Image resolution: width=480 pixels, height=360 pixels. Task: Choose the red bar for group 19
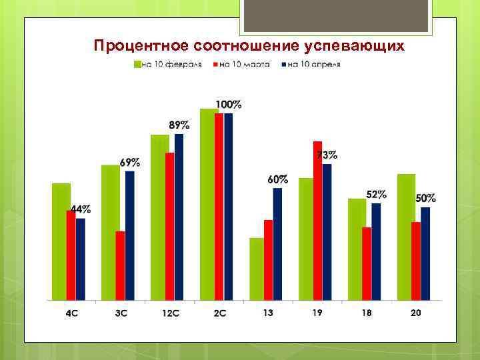pos(317,221)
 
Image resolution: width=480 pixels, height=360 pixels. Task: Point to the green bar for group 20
pos(405,237)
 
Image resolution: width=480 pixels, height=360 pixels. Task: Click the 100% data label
pos(228,105)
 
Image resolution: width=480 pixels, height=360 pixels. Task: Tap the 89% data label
pos(179,125)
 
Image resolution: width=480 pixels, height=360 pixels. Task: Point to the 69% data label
pos(130,162)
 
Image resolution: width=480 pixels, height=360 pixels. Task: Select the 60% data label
pos(278,179)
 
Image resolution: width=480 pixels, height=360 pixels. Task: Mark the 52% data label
pos(376,195)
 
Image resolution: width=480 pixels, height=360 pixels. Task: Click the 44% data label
pos(81,209)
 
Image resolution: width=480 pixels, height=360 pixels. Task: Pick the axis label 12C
pos(169,313)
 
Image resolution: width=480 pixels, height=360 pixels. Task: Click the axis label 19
pos(317,313)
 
